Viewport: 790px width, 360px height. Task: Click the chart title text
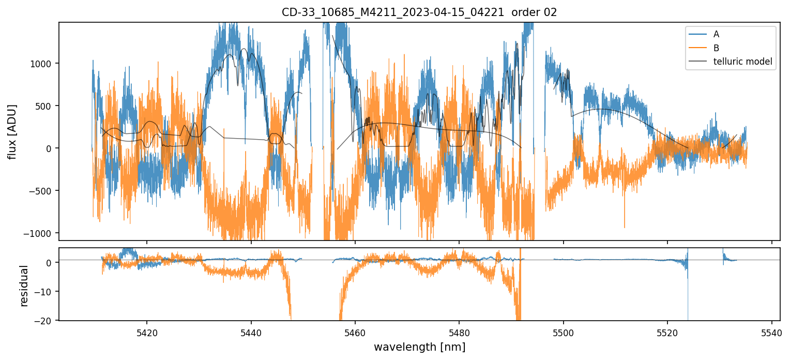tap(419, 12)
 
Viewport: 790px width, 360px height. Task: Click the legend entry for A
tap(716, 34)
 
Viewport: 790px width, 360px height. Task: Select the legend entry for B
tap(716, 48)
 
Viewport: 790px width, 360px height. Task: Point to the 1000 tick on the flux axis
tap(45, 64)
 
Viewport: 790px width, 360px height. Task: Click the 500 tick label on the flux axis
tap(48, 106)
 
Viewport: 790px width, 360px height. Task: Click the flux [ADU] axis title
tap(11, 131)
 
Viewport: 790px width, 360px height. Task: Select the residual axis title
tap(24, 286)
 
